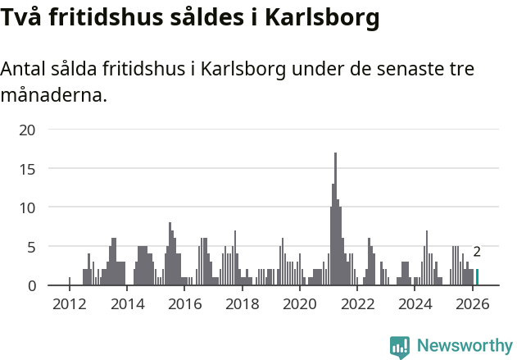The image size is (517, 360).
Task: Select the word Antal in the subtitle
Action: pos(23,69)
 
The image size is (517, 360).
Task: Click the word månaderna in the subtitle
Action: pos(54,95)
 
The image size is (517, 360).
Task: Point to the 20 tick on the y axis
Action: pos(27,130)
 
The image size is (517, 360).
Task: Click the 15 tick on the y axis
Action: pos(27,168)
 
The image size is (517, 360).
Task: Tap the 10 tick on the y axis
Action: pos(27,207)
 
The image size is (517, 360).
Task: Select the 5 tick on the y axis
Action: pos(31,246)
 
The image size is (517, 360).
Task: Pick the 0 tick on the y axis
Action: pos(31,285)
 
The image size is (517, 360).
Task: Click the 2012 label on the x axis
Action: pos(69,304)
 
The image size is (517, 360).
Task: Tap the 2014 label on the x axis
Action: pos(126,304)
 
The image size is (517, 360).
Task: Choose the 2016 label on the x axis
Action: pos(184,304)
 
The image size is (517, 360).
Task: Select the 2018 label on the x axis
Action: pos(242,304)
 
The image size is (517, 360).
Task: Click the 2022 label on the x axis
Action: pos(357,304)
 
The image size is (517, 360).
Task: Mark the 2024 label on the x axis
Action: pos(415,304)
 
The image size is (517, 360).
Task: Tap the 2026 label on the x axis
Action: pos(472,304)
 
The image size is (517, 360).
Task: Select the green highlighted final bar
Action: pos(477,277)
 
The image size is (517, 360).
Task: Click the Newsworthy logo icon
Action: pos(399,347)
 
